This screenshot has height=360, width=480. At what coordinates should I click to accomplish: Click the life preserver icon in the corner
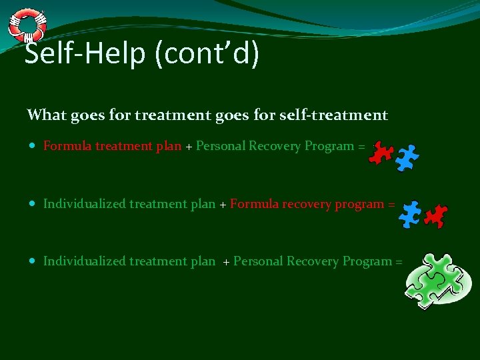pos(27,24)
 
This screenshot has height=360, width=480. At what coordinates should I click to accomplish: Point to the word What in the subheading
pos(47,115)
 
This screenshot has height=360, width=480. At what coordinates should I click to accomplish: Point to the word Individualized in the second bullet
pos(85,204)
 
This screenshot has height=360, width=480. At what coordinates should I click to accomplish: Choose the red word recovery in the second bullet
pos(304,204)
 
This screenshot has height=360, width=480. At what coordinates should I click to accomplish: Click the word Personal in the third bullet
pos(258,261)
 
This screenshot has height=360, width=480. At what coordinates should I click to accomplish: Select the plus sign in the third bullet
pos(226,262)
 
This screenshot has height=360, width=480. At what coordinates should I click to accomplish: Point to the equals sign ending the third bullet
pos(398,262)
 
